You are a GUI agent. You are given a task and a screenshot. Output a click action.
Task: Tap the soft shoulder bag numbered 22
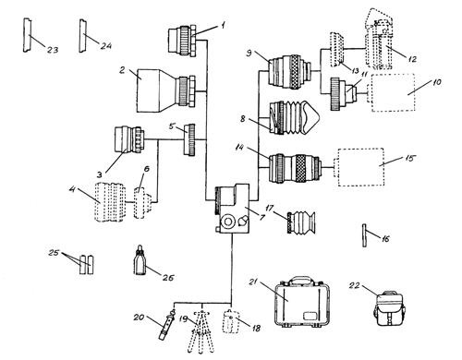389,308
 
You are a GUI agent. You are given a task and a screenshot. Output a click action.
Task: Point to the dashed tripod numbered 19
201,331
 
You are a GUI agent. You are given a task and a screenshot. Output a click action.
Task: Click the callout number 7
262,218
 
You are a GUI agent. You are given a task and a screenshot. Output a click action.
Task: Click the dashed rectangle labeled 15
361,167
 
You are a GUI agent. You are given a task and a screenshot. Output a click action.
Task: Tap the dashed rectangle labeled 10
394,92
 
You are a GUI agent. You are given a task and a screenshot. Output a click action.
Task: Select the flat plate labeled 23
27,35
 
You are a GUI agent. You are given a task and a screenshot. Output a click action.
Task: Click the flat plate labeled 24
83,36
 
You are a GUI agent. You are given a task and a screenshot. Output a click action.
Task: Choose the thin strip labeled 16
365,235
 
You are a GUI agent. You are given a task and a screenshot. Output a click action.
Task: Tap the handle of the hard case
302,280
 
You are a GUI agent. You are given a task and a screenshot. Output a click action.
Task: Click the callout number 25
54,253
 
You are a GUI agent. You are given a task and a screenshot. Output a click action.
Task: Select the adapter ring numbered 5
189,139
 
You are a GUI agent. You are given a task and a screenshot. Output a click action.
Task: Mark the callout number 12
412,59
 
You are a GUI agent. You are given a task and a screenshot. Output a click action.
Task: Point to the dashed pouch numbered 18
231,321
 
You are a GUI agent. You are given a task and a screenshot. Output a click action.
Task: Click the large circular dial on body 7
228,222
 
